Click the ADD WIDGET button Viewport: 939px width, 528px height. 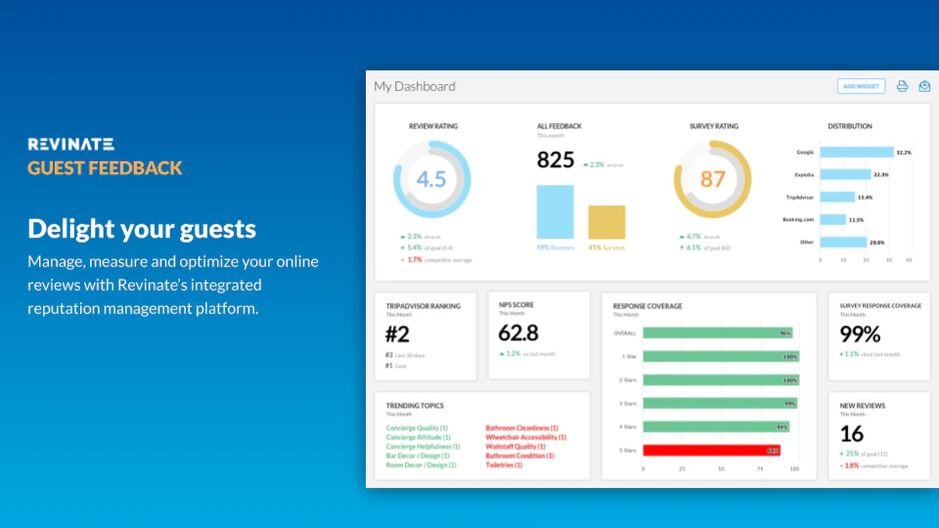pos(861,86)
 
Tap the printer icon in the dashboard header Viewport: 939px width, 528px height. pos(903,86)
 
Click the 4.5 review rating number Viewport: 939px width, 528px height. pos(431,179)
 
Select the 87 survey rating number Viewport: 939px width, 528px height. pos(713,179)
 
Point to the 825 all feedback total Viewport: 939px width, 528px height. pos(556,161)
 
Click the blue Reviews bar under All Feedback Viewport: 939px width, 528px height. pos(556,212)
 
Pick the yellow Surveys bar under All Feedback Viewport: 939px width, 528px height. pos(606,222)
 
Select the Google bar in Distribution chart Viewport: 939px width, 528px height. pos(857,153)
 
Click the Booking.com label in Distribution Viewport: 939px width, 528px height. pos(798,220)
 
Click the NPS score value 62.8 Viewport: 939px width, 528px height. pos(518,332)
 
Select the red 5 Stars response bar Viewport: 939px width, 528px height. pos(711,450)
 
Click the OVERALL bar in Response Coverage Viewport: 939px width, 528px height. pos(718,333)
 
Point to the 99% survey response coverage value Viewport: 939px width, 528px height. pos(861,333)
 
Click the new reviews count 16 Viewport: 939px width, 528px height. pos(852,433)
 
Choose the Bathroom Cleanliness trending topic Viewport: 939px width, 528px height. pos(521,428)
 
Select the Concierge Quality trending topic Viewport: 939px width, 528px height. pos(417,428)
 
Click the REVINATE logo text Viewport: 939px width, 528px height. pos(71,144)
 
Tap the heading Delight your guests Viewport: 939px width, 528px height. pos(142,229)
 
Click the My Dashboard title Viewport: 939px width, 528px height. pos(415,86)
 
